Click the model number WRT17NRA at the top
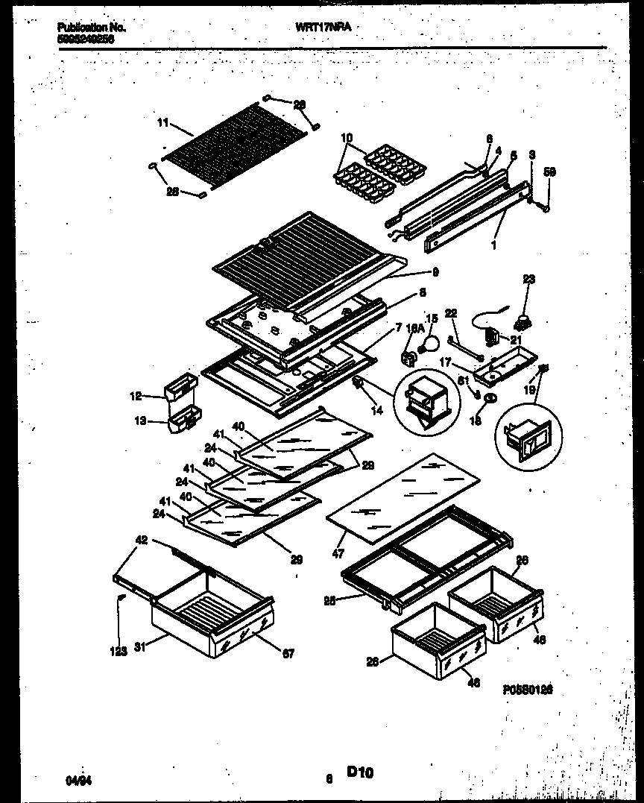[323, 27]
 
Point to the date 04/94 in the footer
[75, 779]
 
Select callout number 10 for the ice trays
[347, 137]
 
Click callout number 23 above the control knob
[529, 280]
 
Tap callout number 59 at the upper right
[550, 171]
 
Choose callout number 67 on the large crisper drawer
[288, 654]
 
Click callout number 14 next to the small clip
[377, 410]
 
